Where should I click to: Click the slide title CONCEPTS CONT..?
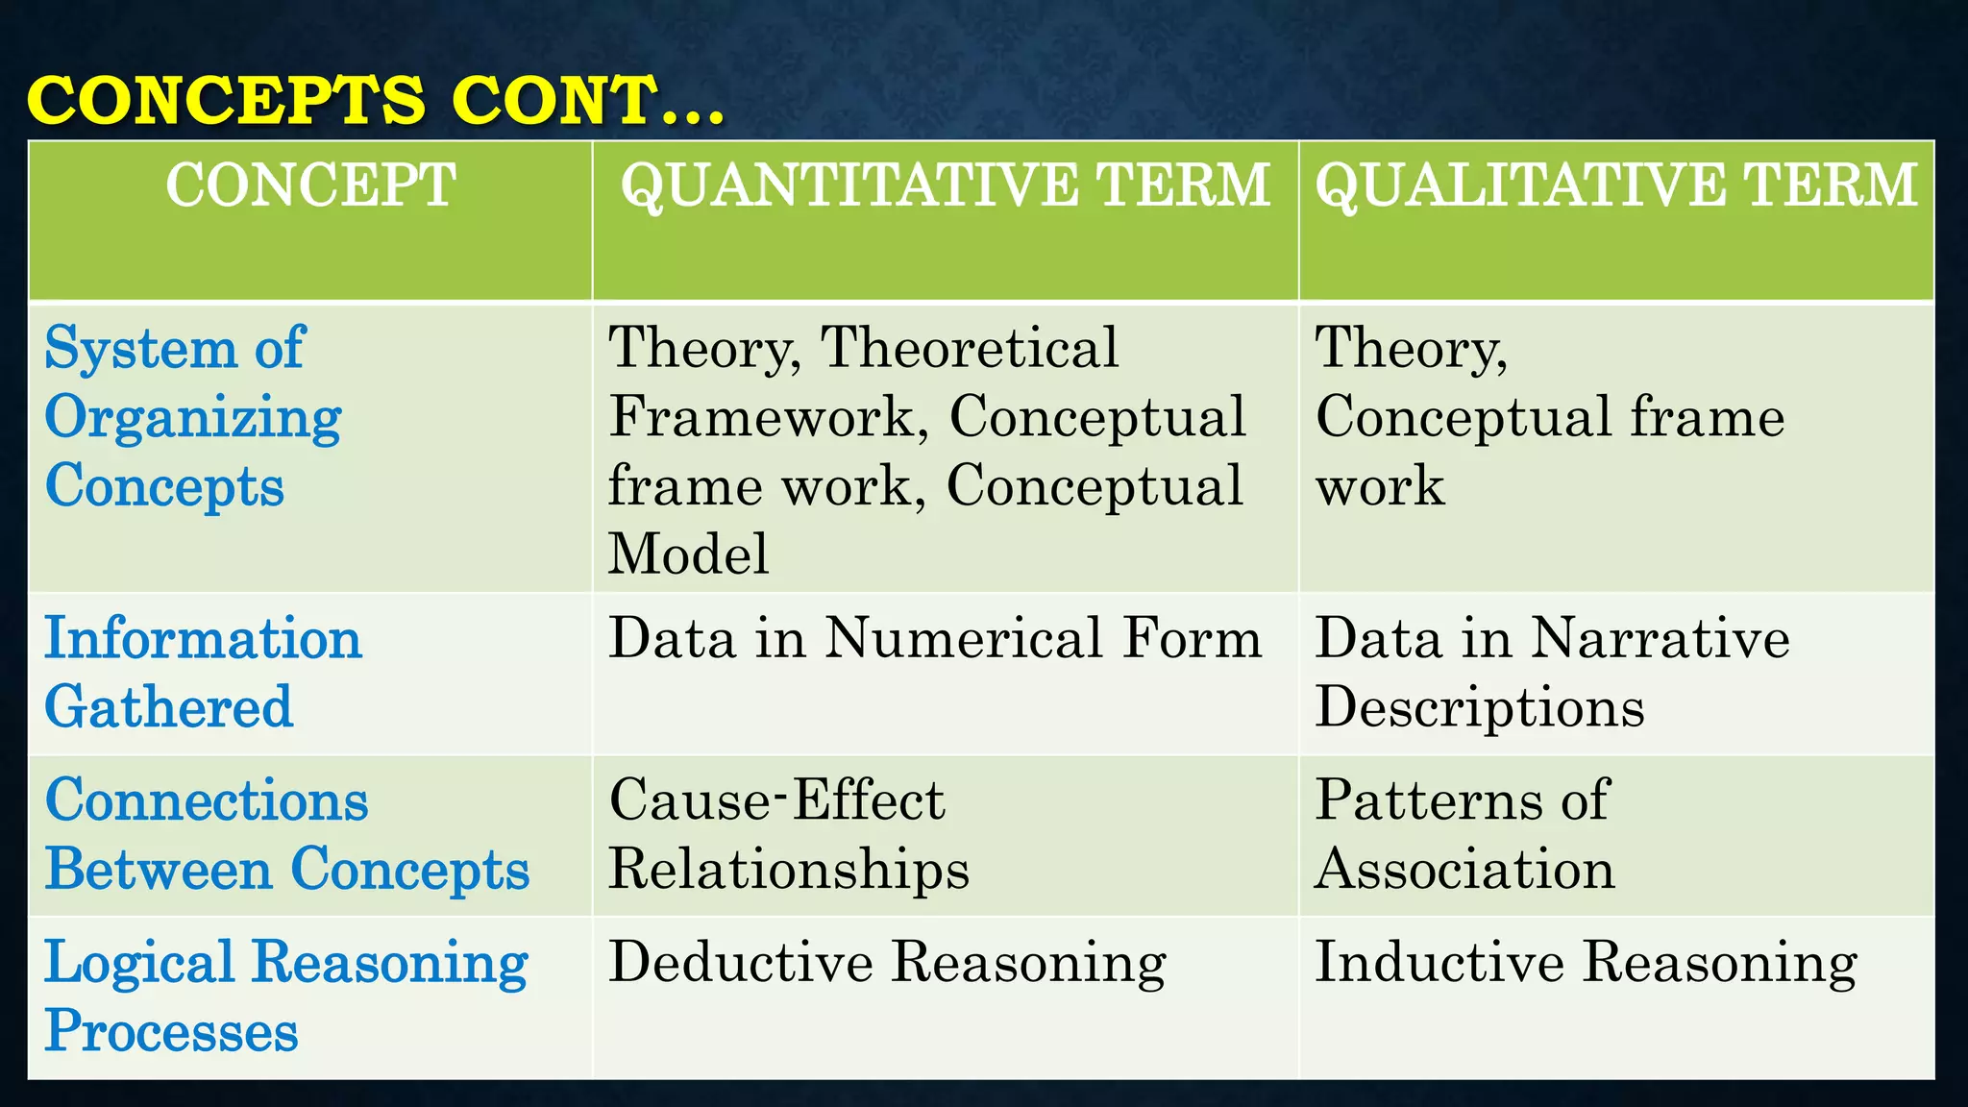[375, 100]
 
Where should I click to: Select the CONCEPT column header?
[310, 184]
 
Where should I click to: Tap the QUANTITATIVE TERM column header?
[946, 184]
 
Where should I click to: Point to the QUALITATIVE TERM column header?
[1616, 184]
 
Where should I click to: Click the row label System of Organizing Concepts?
[192, 417]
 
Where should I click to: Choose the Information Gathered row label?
[203, 673]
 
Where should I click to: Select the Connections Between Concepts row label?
[286, 834]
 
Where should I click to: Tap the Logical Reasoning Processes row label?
[285, 996]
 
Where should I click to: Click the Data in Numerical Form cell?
[935, 638]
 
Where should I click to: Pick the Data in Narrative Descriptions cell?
[1552, 673]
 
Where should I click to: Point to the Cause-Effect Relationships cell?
[788, 834]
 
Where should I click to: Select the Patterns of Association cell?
[1464, 834]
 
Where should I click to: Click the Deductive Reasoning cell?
[887, 962]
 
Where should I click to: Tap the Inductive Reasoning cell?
[1586, 962]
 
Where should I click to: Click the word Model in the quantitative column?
[688, 554]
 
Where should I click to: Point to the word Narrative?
[1660, 638]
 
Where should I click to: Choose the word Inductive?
[1439, 962]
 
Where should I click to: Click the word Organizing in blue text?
[193, 419]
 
